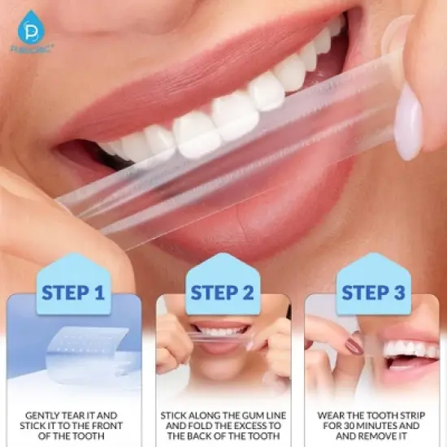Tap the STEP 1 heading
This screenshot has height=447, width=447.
(74, 293)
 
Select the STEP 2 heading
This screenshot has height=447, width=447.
(223, 293)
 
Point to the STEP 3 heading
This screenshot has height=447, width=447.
(373, 293)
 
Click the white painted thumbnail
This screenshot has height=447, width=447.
(409, 122)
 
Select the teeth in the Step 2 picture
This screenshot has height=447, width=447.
(222, 332)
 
